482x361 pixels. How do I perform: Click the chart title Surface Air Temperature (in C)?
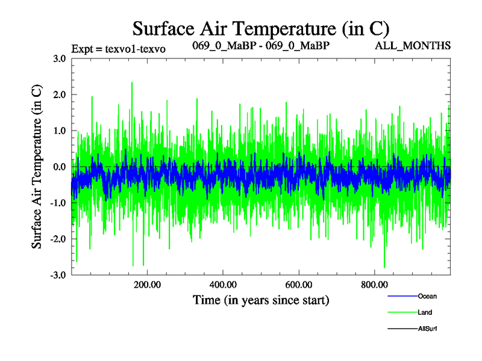point(261,28)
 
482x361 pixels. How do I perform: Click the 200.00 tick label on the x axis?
point(147,285)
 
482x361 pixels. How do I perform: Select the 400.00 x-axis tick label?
point(223,285)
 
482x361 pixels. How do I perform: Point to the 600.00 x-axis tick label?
point(298,285)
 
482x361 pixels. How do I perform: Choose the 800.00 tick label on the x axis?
point(374,285)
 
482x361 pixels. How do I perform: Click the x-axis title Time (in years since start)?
point(261,300)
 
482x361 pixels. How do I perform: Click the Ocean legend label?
point(427,296)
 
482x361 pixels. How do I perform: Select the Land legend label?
point(424,312)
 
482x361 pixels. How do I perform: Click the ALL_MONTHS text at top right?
point(413,46)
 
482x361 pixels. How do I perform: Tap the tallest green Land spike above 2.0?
point(131,84)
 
